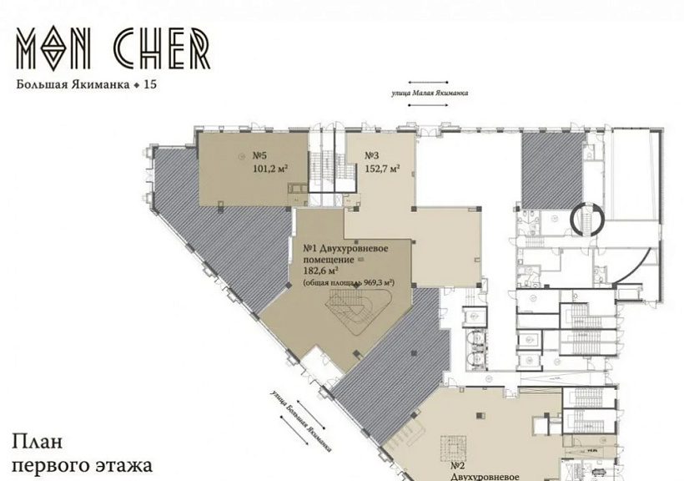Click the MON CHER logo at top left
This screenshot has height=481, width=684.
113,49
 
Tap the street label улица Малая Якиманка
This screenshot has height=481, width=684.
430,94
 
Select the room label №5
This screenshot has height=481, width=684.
259,155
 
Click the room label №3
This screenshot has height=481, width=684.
372,155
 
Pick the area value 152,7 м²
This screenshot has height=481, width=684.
382,168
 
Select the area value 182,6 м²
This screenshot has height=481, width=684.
321,271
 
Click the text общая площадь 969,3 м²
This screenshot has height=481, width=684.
348,283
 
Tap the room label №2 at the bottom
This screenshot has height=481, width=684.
458,464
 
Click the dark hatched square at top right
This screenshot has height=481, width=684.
552,168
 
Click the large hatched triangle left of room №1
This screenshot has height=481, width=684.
221,234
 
